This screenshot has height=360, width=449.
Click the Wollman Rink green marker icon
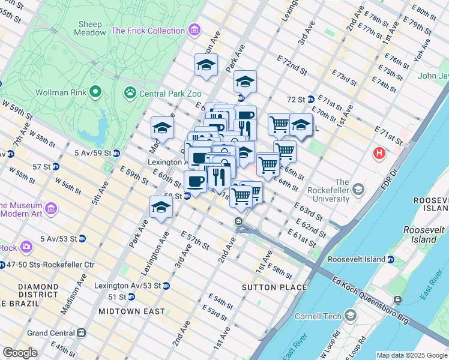95,92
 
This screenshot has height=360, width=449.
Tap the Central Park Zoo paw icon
130,92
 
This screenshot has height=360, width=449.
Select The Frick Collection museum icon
194,30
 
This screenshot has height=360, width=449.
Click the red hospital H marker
379,154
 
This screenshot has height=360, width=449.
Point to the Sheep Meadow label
90,28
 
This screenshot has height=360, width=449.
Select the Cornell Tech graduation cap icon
351,316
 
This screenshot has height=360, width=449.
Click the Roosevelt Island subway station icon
390,260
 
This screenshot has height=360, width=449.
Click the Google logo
20,353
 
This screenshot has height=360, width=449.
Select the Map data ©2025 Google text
411,355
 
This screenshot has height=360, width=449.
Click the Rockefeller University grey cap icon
358,190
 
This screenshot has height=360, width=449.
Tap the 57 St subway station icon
55,166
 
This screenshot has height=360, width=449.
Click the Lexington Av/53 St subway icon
166,286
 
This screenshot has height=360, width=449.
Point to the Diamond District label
21,291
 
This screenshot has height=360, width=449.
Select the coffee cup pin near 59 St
194,181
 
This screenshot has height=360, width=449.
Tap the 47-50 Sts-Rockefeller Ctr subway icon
5,265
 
